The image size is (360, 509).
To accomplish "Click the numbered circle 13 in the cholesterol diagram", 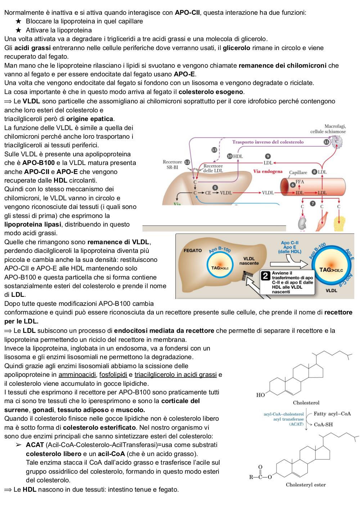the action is point(214,150).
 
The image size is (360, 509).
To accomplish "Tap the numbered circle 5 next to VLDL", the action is point(215,188).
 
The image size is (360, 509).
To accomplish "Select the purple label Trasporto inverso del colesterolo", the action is point(268,142).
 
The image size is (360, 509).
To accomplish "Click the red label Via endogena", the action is point(268,171).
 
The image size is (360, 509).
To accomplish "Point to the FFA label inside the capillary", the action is point(300,182).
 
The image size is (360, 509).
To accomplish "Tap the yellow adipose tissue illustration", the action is point(339,223).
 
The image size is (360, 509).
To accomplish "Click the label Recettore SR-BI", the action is point(172,165).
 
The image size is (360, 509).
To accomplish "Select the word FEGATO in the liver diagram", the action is point(193,250).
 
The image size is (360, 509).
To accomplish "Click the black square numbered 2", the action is point(265,276).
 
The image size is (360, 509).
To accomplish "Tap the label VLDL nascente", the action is point(249,261).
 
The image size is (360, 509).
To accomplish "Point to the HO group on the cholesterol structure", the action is point(261,395).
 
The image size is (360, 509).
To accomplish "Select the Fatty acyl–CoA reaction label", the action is point(332,414).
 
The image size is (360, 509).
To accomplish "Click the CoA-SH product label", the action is point(323,424).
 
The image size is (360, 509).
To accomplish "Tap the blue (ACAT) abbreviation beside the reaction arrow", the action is point(296,424).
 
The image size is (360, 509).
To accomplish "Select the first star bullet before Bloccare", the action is point(18,21).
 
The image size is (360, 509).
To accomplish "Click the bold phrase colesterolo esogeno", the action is point(211,92).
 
